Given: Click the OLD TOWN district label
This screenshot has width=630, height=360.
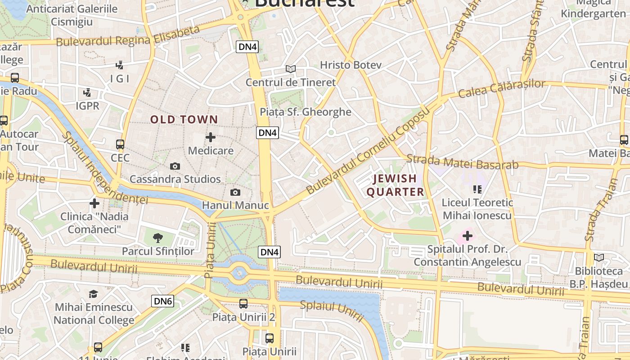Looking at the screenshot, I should point(184,120).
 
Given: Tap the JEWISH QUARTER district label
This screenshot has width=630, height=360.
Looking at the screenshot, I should point(395,185).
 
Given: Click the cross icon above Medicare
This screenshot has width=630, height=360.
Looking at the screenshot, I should point(210,137).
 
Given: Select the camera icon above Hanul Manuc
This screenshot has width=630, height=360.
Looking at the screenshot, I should point(235,193).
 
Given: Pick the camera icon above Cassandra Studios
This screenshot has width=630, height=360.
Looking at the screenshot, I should point(175,166).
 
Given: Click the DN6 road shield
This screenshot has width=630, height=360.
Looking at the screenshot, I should point(162,301).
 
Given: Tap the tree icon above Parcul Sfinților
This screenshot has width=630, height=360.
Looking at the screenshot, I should point(157,238).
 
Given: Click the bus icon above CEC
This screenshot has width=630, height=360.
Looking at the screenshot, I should point(120,144).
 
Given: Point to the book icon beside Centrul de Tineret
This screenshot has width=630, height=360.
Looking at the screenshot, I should point(291,69).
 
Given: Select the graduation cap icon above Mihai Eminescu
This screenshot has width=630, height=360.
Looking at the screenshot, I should point(93,294).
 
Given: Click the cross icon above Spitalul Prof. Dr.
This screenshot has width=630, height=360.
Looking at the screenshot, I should point(468,235).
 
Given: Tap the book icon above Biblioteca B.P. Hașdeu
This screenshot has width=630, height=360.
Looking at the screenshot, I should point(598,257).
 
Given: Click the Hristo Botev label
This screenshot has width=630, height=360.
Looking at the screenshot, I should point(351,65).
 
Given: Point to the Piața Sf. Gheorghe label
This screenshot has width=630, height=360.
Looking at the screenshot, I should point(306,112).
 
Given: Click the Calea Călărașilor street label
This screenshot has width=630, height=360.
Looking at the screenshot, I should point(502,88).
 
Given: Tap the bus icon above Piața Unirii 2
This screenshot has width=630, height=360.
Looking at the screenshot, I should point(243,304).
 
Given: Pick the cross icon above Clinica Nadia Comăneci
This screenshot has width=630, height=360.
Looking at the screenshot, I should point(94,203).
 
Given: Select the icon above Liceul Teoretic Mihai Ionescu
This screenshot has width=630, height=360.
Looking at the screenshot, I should point(477,189).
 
